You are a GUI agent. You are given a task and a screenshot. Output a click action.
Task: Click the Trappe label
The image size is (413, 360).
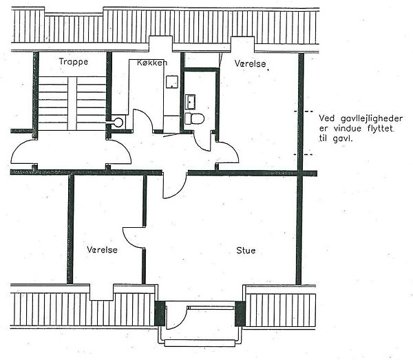pyautogui.click(x=74, y=62)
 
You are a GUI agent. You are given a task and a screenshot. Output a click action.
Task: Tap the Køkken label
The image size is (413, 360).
pyautogui.click(x=152, y=63)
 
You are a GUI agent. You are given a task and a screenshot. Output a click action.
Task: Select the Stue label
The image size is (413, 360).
pyautogui.click(x=246, y=250)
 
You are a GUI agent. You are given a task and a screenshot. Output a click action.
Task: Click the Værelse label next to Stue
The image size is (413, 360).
pyautogui.click(x=102, y=249)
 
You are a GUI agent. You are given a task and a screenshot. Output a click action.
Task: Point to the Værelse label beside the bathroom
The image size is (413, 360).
pyautogui.click(x=251, y=63)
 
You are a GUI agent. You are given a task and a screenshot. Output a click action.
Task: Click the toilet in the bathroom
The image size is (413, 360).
pyautogui.click(x=194, y=118)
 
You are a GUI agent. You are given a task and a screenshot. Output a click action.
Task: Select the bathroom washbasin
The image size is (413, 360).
pyautogui.click(x=190, y=102)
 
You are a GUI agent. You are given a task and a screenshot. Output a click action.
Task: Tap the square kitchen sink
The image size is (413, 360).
pyautogui.click(x=172, y=82)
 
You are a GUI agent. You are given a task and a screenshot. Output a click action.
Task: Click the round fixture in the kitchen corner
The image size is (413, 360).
pyautogui.click(x=118, y=122)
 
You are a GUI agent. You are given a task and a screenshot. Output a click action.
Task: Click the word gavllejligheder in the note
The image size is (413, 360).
pyautogui.click(x=372, y=119)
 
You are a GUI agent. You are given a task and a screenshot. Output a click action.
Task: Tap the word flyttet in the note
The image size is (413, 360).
pyautogui.click(x=381, y=129)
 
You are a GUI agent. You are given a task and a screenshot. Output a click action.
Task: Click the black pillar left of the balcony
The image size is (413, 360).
pyautogui.click(x=160, y=313)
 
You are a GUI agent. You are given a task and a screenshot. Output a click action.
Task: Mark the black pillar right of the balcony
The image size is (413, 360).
pyautogui.click(x=240, y=314)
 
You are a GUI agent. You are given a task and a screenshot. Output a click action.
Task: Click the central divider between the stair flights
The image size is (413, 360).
pyautogui.click(x=72, y=103)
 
